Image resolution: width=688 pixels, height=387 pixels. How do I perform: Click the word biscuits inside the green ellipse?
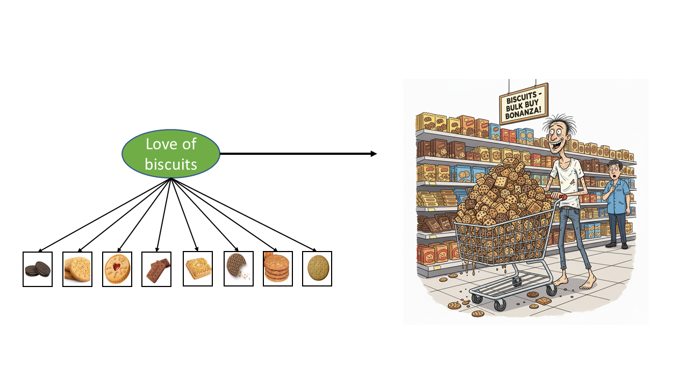(x=171, y=163)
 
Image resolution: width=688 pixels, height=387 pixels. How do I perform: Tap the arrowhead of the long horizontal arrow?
(x=374, y=154)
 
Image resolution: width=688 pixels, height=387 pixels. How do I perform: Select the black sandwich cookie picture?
(x=38, y=269)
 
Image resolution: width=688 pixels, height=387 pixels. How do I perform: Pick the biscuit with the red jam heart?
(x=117, y=269)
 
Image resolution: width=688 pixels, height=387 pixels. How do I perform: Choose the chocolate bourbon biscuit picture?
(x=157, y=269)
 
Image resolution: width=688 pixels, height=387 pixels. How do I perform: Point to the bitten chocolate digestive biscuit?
(x=237, y=267)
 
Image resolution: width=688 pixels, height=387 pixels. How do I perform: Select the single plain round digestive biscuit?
(x=317, y=269)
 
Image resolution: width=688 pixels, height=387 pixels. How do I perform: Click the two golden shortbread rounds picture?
(x=77, y=269)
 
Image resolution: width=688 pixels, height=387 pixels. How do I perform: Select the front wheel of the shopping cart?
(x=500, y=305)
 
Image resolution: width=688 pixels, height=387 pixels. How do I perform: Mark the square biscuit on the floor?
(x=544, y=301)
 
